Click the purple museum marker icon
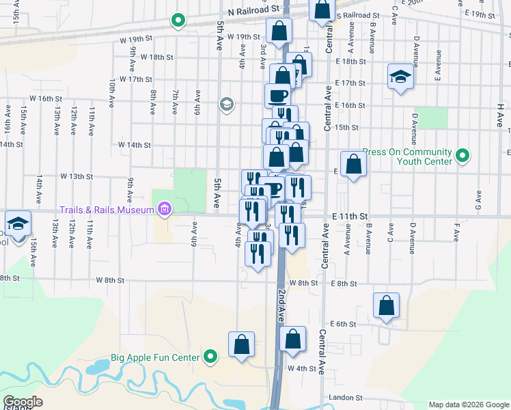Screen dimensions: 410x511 coord(164,209)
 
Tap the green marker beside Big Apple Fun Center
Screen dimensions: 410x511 coord(211,357)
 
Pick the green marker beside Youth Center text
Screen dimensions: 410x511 coord(462,156)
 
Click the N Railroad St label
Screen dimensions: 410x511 coord(255,11)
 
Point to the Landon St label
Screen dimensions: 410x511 coord(345,397)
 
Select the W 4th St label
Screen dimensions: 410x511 coord(303,369)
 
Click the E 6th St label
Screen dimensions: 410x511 coord(344,324)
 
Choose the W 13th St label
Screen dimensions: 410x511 coord(77,176)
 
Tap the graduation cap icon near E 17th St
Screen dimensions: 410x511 coord(400,77)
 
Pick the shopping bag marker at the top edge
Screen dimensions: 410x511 coord(322,10)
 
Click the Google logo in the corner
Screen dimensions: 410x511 coord(23,402)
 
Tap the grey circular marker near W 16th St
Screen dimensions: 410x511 coord(226,105)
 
